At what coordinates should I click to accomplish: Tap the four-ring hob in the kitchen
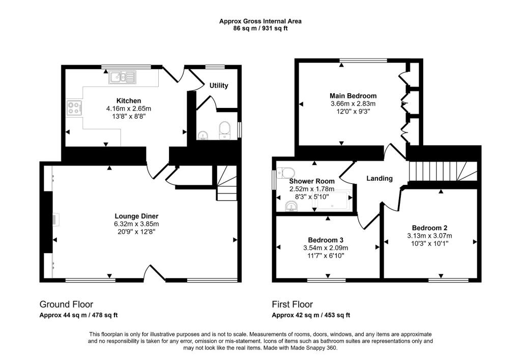(x=74, y=107)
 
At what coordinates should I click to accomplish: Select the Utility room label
(x=219, y=86)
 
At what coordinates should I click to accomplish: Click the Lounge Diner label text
(x=136, y=216)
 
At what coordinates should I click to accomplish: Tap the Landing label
(x=380, y=178)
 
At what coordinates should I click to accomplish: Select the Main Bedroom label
(x=353, y=96)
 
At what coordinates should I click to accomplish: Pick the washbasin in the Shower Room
(x=292, y=206)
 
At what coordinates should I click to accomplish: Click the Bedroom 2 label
(x=429, y=228)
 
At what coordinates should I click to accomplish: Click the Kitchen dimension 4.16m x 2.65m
(x=129, y=108)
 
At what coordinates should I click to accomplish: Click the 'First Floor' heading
(x=292, y=304)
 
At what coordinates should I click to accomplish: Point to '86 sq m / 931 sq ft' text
(x=260, y=29)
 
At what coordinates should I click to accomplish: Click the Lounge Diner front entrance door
(x=155, y=273)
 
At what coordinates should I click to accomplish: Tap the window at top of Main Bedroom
(x=363, y=61)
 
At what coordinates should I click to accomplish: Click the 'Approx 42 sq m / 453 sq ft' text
(x=310, y=315)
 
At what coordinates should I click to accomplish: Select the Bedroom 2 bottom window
(x=448, y=279)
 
